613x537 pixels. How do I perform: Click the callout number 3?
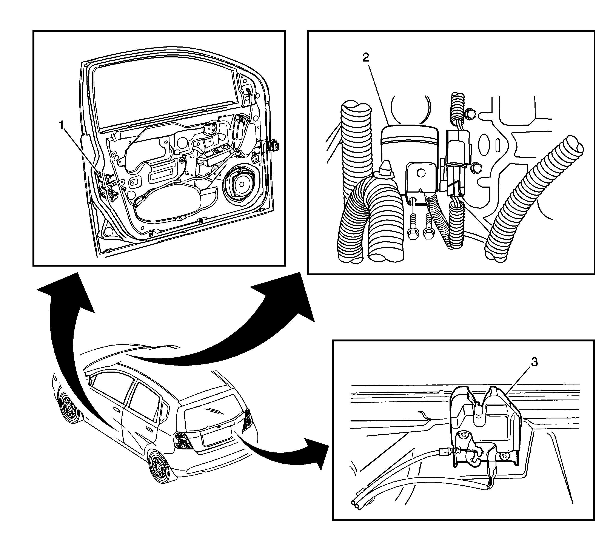[534, 362]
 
